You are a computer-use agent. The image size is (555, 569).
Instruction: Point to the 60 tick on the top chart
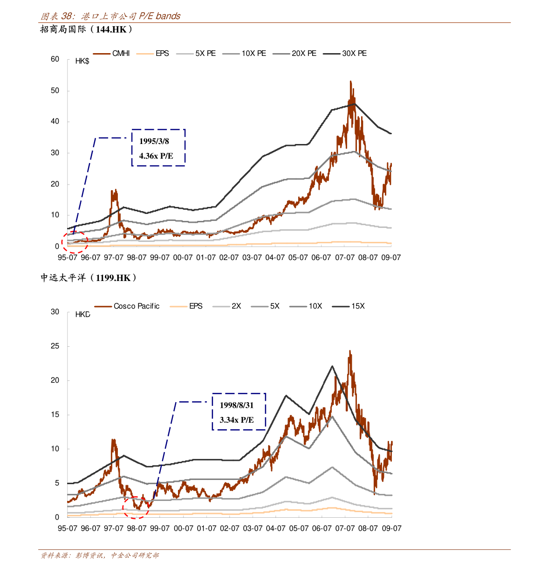(x=55, y=59)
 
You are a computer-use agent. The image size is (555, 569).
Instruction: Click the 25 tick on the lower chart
(x=55, y=346)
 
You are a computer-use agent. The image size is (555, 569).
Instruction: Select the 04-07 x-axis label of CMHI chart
(x=275, y=257)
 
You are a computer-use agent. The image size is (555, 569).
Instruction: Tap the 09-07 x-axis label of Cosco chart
(x=391, y=528)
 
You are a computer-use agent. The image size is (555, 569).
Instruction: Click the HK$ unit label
(x=82, y=61)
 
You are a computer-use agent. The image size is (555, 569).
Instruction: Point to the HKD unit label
(x=82, y=315)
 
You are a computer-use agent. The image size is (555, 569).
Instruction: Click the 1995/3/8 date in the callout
(x=154, y=141)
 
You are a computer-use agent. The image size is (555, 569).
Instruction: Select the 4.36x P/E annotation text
(x=156, y=156)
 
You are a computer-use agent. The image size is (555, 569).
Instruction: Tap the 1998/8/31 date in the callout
(x=237, y=405)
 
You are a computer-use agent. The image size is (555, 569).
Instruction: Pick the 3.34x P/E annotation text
(x=237, y=420)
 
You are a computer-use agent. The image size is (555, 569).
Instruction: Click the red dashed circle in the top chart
(x=75, y=242)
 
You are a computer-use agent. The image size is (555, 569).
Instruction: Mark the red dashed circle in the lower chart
(x=136, y=507)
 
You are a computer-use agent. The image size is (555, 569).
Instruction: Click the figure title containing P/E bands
(x=110, y=16)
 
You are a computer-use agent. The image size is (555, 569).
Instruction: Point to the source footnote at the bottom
(x=99, y=555)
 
